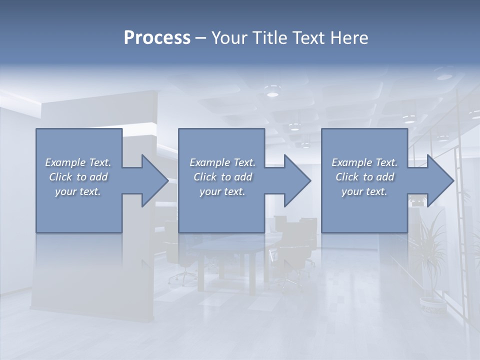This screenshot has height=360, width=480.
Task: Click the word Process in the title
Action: [157, 38]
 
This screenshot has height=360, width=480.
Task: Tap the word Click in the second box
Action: [205, 177]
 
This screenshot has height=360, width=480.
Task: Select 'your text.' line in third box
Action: [364, 191]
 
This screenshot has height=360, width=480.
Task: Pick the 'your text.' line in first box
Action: [78, 191]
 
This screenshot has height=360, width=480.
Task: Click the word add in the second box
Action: [243, 177]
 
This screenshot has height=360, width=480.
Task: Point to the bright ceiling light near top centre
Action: [272, 93]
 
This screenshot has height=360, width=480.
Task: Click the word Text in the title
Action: [308, 38]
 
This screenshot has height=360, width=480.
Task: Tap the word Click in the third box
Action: [347, 177]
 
